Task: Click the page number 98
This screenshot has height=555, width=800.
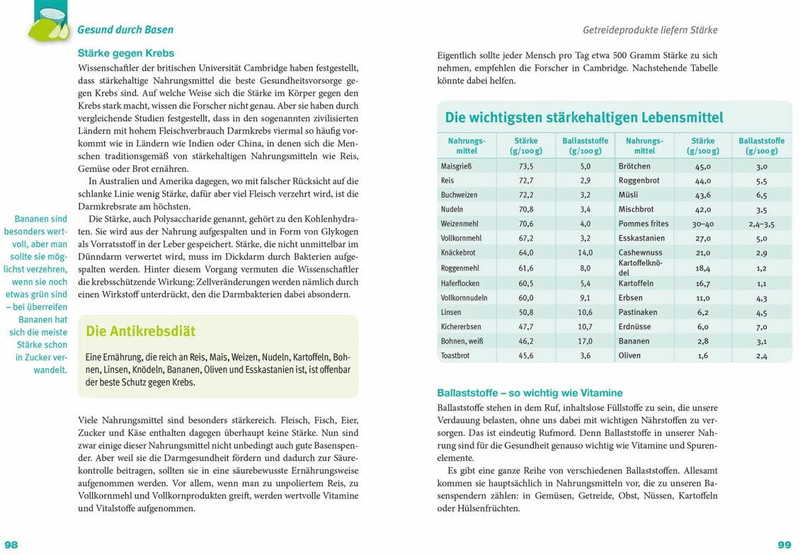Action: coord(11,544)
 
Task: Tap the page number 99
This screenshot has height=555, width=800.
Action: coord(784,544)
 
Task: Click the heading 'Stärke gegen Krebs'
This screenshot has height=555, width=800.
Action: coord(125,53)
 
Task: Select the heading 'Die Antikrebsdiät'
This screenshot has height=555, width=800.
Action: coord(140,331)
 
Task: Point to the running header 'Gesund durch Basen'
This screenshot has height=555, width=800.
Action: coord(125,30)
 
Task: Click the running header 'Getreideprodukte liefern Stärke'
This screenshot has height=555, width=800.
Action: coord(650,30)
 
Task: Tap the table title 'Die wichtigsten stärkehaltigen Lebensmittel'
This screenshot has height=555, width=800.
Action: coord(584,118)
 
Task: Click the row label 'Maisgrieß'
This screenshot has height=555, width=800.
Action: coord(456,166)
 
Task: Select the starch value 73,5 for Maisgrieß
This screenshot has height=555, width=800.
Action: coord(526,166)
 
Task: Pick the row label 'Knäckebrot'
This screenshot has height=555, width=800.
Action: coord(457,253)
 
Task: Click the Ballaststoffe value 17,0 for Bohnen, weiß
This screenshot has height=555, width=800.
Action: coord(585,341)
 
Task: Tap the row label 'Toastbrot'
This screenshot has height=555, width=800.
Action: coord(455,355)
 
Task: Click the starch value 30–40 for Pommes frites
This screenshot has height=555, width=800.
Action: coord(702,224)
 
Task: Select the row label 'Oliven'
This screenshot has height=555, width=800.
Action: coord(629,355)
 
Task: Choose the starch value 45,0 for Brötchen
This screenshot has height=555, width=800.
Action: coord(702,166)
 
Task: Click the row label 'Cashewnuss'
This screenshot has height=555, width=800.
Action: coord(640,253)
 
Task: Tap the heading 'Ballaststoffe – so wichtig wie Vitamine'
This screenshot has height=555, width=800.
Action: coord(530,393)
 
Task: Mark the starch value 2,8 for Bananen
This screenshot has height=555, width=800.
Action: coord(702,341)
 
